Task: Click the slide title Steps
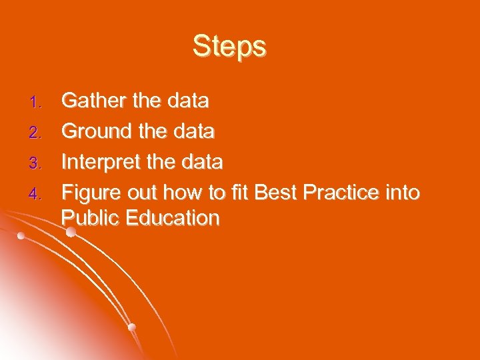click(229, 47)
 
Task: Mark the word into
click(404, 193)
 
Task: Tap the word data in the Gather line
click(188, 101)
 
